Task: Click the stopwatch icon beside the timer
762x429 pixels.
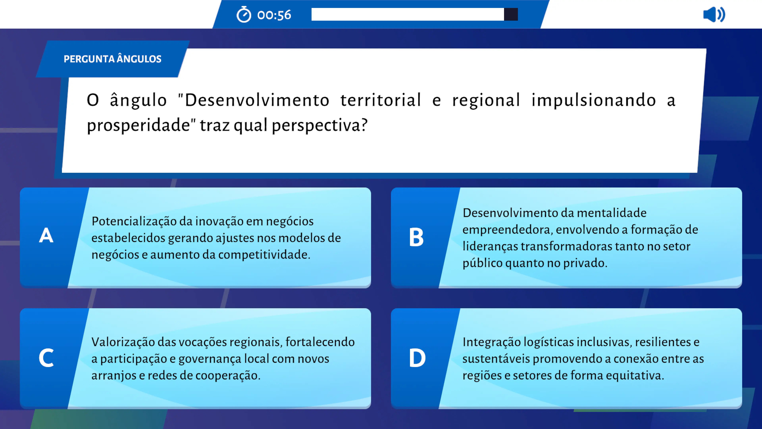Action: coord(244,14)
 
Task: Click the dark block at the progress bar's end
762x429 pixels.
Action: coord(511,14)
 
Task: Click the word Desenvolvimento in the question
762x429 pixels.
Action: coord(257,100)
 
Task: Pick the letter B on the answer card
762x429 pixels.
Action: coord(416,237)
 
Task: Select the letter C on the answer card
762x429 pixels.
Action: coord(46,358)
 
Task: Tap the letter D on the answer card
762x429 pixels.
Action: coord(417,358)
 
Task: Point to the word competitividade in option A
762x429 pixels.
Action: coord(263,255)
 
